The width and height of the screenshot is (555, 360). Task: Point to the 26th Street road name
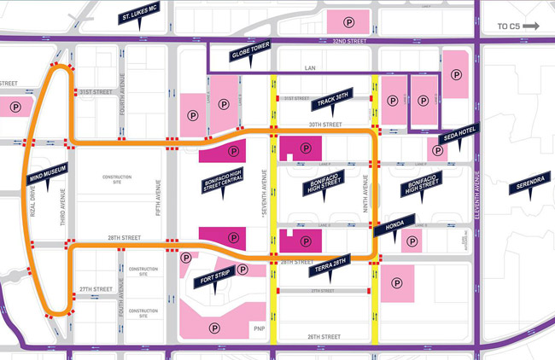[x=324, y=337]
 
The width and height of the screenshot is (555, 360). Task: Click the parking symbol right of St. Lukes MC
[x=348, y=20]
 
